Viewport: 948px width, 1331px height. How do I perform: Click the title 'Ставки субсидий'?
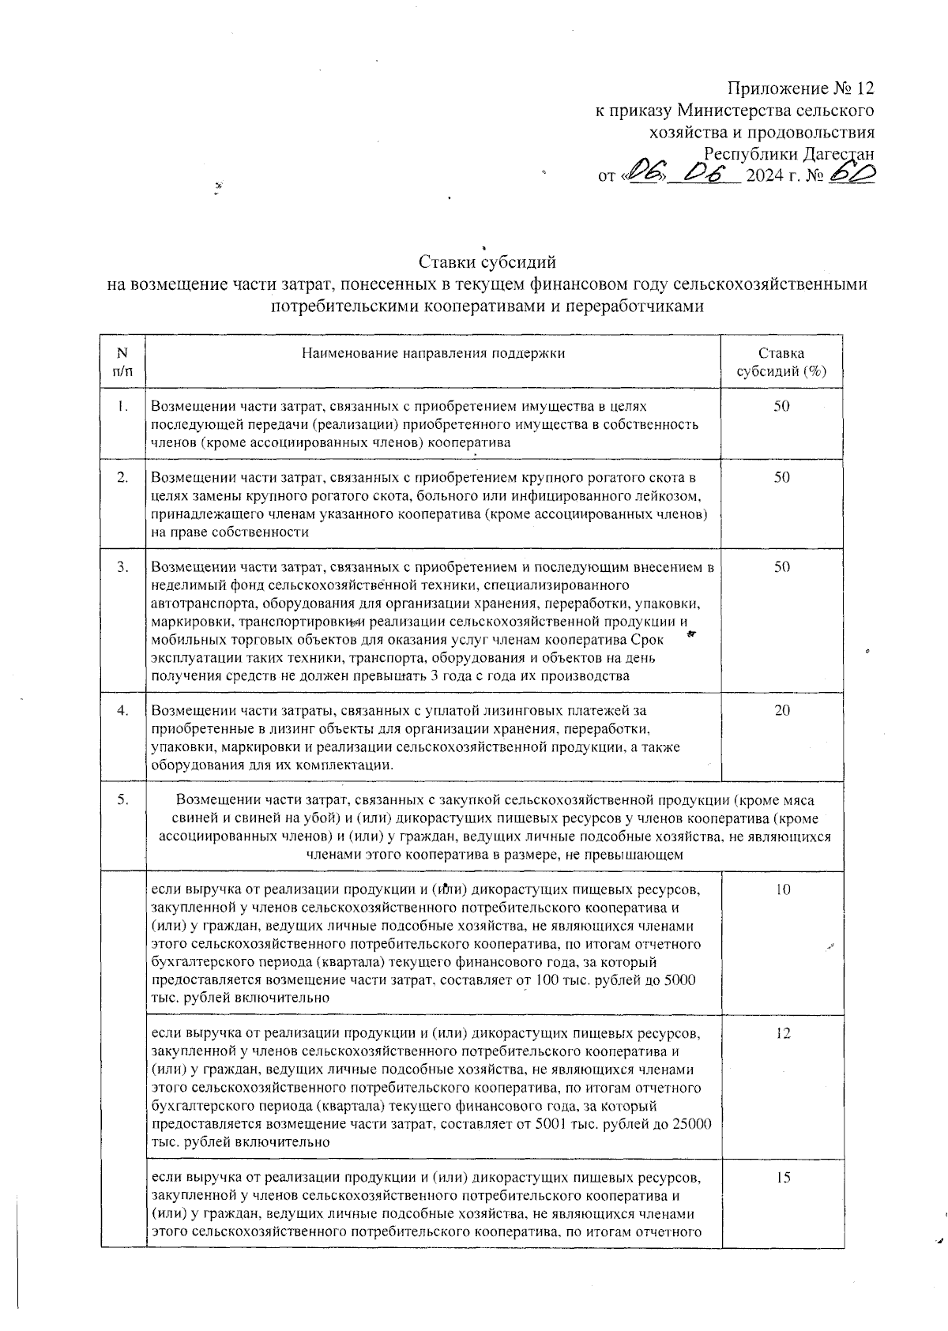point(487,261)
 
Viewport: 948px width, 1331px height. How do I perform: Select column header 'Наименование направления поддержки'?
point(433,353)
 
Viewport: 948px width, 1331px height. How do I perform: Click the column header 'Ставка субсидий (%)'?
point(781,363)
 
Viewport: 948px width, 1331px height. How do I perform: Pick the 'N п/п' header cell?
point(123,363)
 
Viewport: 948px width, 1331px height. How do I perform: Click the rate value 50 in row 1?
point(781,407)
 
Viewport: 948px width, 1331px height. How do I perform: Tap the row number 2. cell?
point(123,478)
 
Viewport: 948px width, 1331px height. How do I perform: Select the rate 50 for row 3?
point(781,567)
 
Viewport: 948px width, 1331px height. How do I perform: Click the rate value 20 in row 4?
point(781,711)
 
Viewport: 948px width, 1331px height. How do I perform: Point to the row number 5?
point(123,800)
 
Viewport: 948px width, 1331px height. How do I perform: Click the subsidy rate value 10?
point(781,890)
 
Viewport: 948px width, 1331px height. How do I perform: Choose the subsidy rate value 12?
point(782,1034)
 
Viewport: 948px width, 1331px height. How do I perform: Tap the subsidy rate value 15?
point(782,1178)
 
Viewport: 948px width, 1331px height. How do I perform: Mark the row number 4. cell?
point(123,711)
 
